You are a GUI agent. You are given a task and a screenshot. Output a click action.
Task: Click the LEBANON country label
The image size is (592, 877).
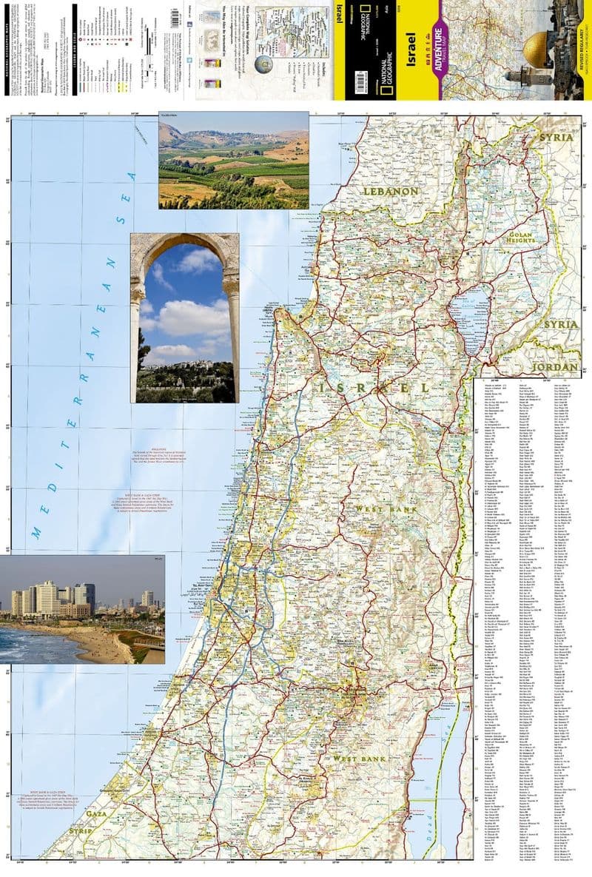390,191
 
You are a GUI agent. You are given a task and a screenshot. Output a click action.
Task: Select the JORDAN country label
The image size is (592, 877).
555,367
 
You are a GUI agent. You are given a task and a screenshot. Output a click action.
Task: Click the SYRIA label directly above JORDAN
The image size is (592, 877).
560,324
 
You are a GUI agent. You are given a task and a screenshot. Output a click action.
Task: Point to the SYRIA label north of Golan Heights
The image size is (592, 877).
556,138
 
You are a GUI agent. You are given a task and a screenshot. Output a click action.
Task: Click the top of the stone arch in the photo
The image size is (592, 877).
184,239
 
